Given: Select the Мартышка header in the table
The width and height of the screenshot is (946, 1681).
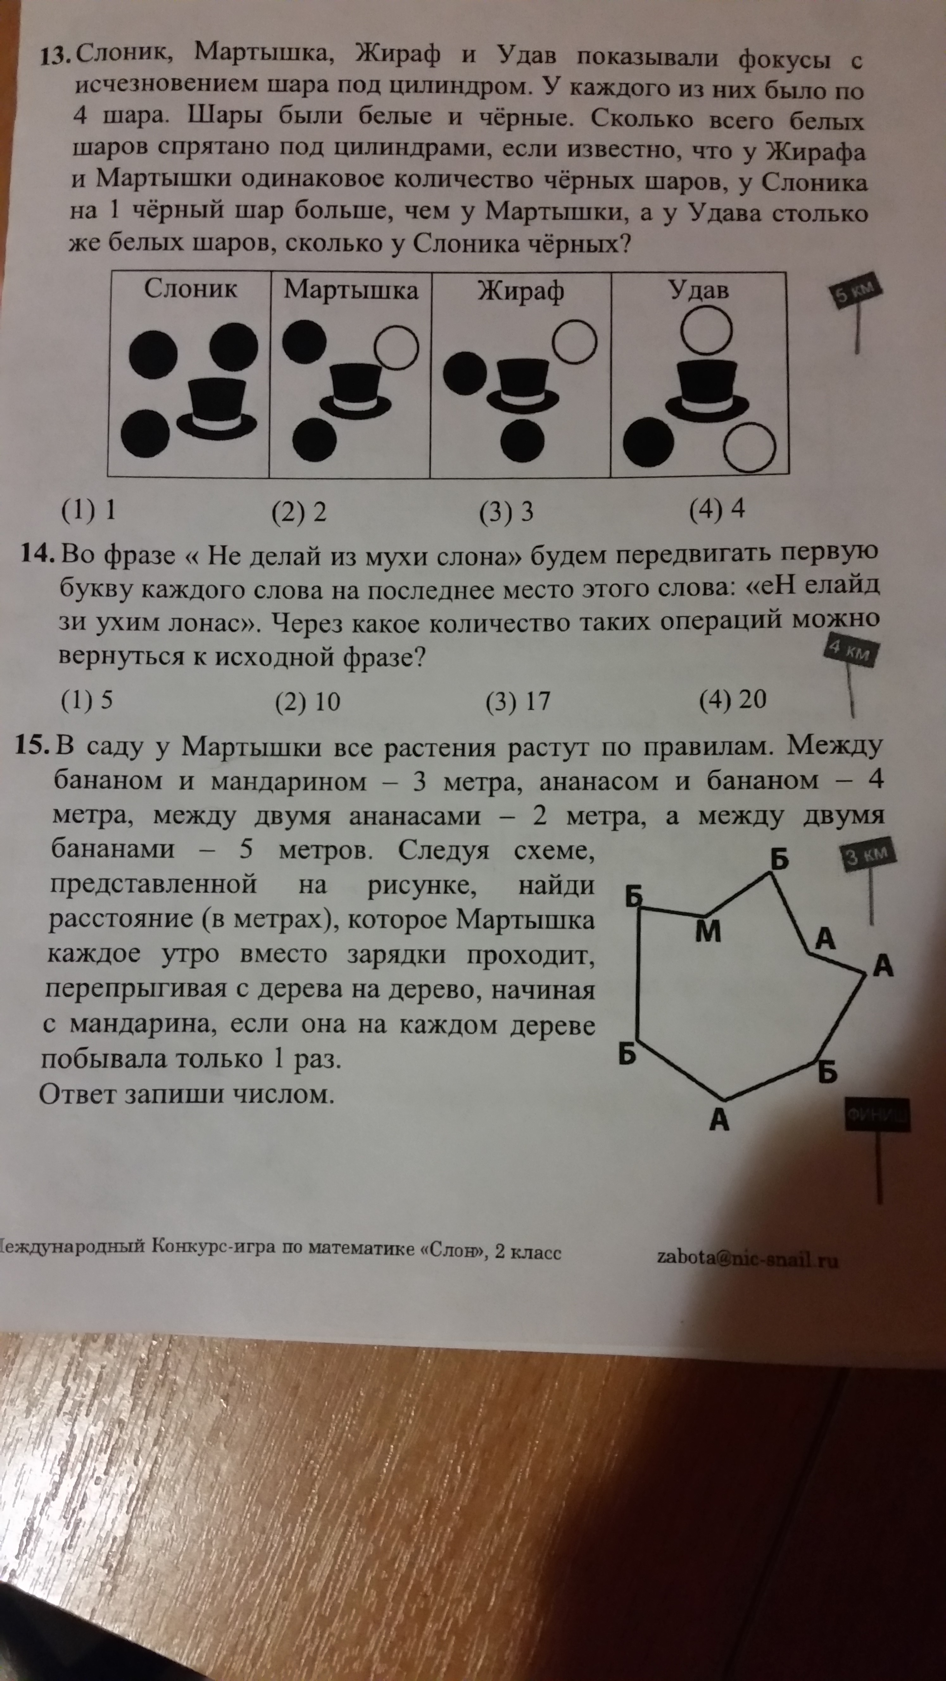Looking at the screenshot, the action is click(350, 290).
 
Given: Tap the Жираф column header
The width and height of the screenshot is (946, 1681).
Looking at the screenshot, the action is click(520, 291).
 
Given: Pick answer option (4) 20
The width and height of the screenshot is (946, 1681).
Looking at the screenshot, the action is click(733, 700).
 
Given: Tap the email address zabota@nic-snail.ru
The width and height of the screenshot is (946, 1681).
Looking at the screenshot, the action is click(747, 1259).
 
